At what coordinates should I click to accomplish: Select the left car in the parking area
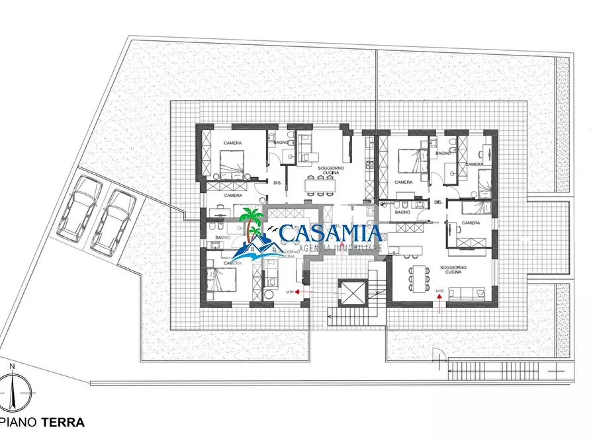point(79,205)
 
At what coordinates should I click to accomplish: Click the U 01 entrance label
point(289,292)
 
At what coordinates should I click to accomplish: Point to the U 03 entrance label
point(440,291)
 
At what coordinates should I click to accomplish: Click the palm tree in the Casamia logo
point(251,228)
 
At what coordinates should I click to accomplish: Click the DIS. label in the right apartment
point(438,202)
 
